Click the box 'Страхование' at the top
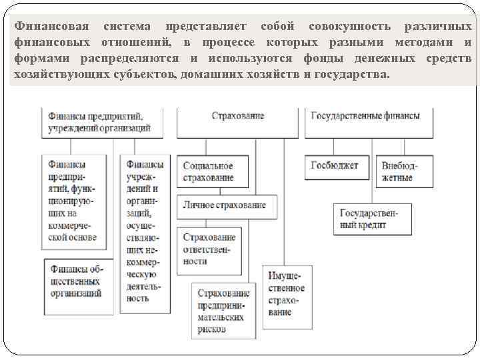238,116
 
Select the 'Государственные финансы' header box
365,116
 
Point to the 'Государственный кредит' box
373,219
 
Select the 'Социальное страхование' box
211,171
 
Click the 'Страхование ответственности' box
209,250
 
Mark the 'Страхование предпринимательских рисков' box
224,311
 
